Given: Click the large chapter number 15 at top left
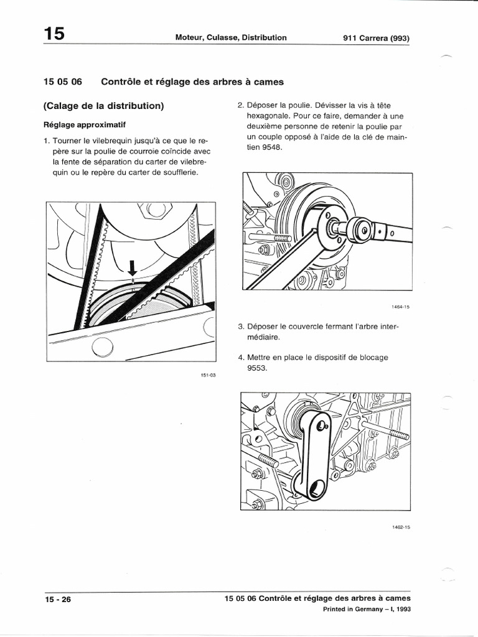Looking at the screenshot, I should point(54,34).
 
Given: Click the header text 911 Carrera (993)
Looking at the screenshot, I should point(376,38).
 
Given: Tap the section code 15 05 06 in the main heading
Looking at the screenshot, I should point(63,81).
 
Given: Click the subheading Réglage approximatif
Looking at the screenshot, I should point(88,124).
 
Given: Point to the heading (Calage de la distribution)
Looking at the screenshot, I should point(104,106).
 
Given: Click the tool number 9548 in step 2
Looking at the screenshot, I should point(271,147).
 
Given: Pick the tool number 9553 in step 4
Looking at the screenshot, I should point(257,368).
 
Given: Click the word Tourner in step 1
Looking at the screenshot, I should point(68,141).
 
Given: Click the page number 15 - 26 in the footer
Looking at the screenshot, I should point(58,599).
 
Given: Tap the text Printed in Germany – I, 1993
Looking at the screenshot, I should point(367,610).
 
